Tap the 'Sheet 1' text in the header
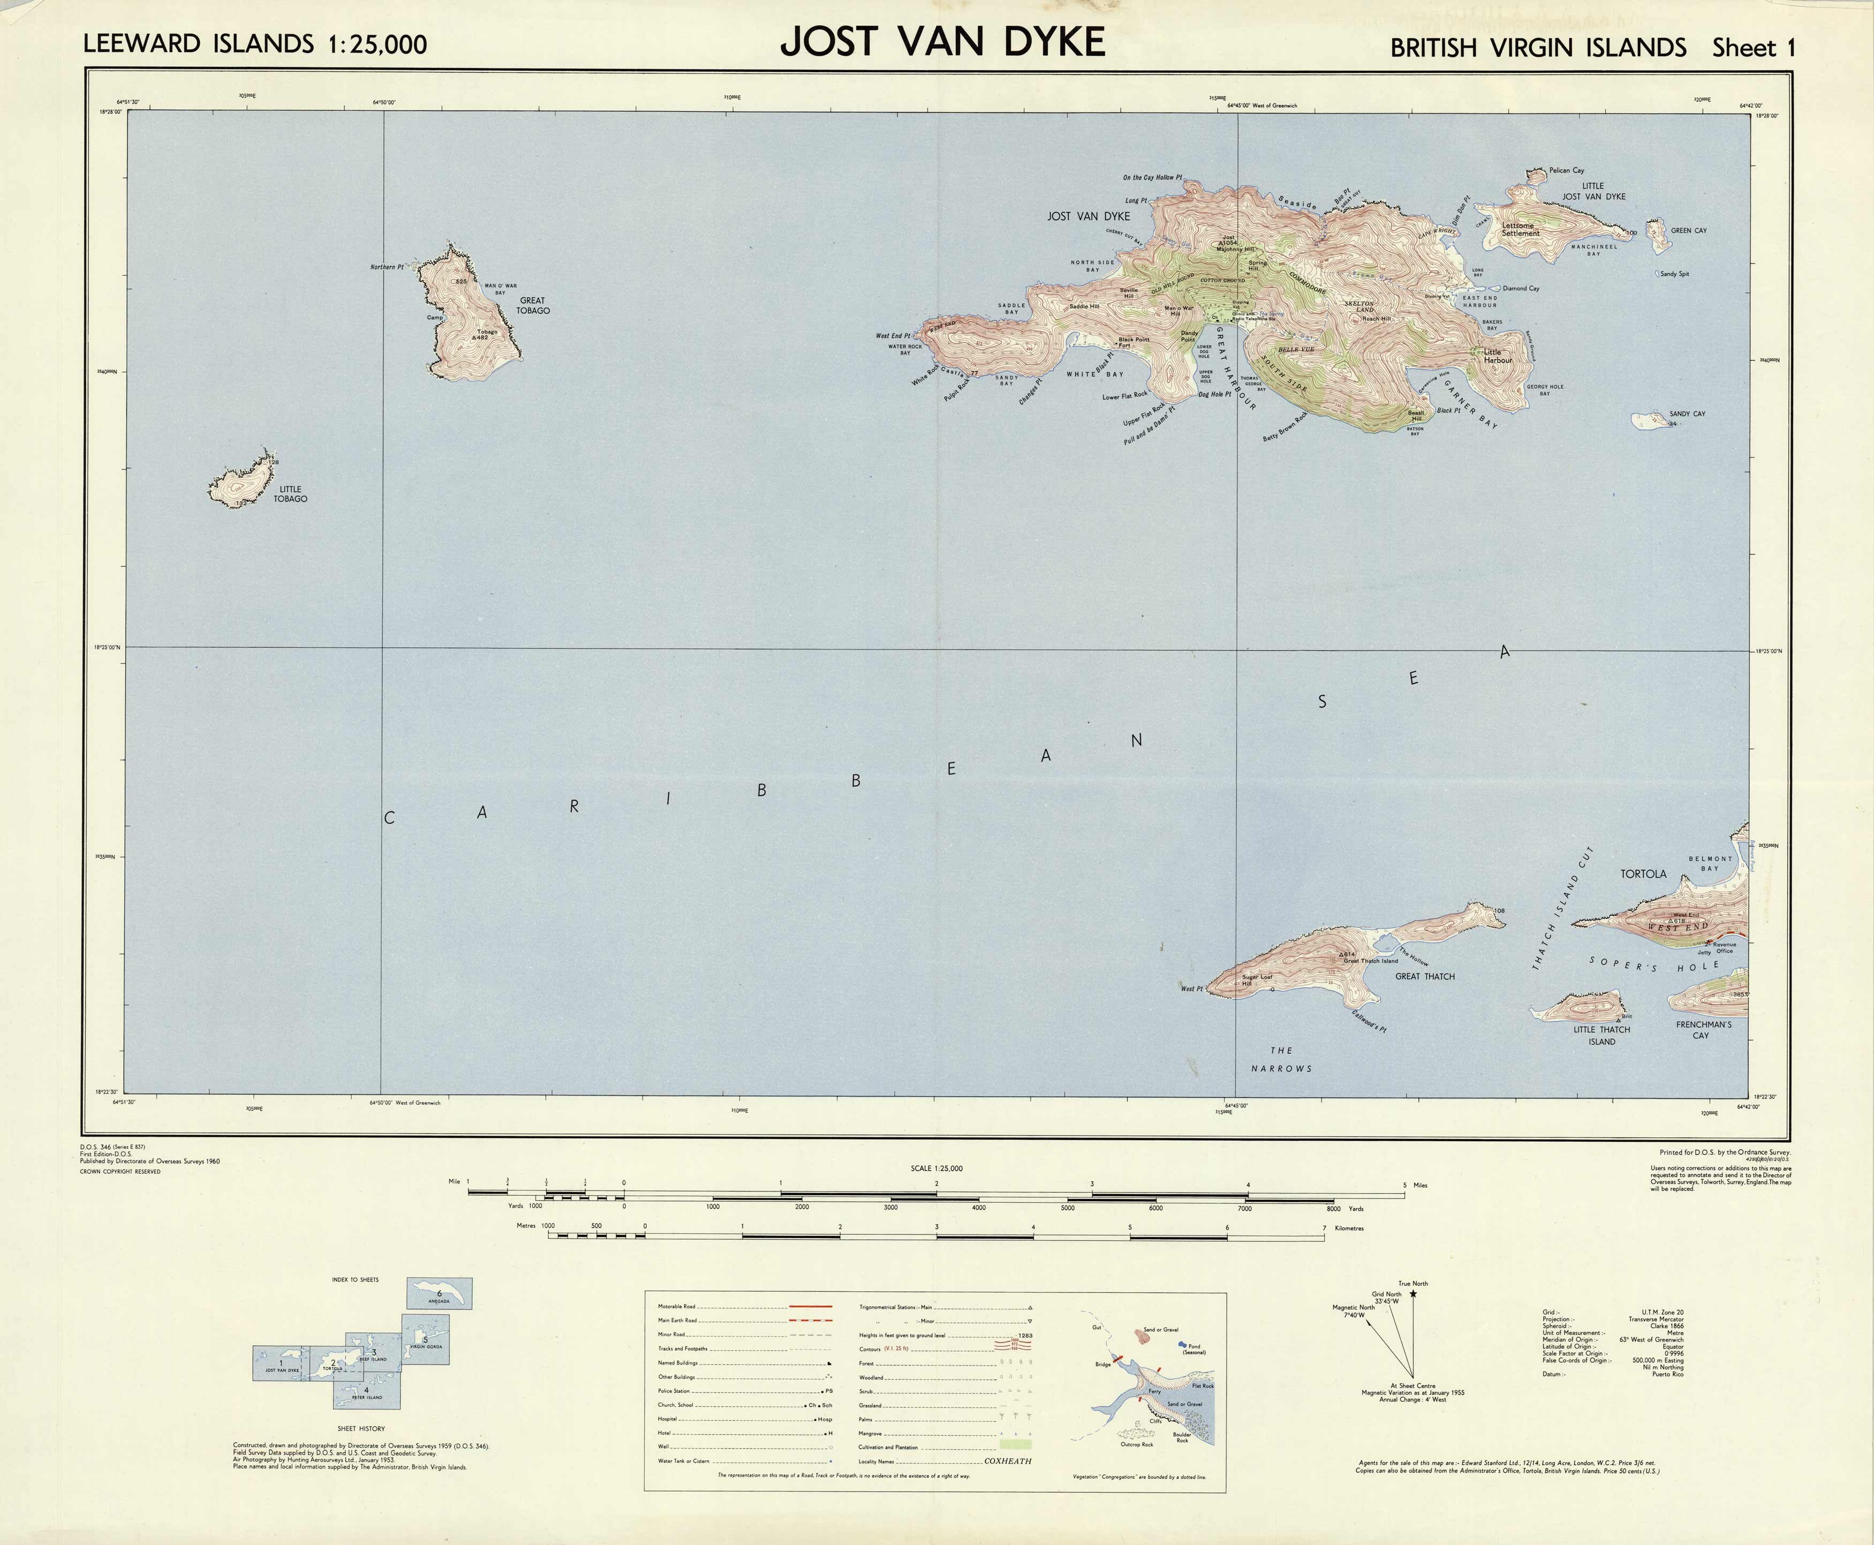1753,48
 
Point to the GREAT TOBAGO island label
533,305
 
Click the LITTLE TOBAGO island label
290,494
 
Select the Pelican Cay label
1566,170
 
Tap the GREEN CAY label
1688,230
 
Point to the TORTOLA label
1643,874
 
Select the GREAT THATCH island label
1425,976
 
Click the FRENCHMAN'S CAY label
1703,1030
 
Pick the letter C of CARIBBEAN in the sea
389,818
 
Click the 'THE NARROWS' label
1281,1059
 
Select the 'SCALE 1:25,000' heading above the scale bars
936,1169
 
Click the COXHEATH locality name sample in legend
1007,1461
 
